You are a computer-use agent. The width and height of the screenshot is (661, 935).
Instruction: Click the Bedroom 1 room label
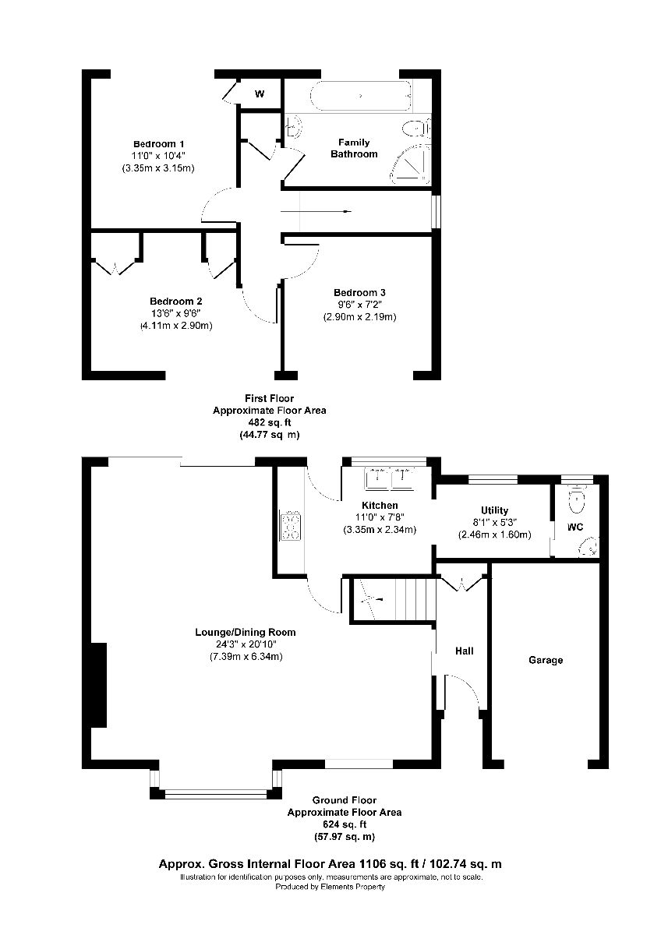click(x=158, y=144)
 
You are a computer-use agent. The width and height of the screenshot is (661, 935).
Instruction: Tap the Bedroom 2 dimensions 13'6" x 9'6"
click(x=176, y=314)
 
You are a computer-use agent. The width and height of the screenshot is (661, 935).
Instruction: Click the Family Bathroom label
click(x=358, y=148)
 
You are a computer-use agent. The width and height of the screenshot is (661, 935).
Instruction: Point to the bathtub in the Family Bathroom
click(x=359, y=97)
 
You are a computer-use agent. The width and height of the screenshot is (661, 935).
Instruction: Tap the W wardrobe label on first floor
click(x=260, y=94)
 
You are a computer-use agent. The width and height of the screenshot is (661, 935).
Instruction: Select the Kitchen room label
click(x=380, y=506)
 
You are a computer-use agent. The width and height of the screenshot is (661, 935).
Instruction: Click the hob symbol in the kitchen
click(x=291, y=526)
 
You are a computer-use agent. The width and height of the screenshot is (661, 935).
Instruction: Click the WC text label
click(x=575, y=527)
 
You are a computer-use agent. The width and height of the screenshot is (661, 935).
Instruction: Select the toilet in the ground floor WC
click(x=578, y=499)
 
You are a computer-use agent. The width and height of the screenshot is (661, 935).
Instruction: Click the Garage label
click(x=546, y=660)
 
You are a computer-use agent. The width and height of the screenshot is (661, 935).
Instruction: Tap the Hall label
click(x=465, y=651)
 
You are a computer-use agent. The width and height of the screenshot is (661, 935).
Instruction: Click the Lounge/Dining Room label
click(x=245, y=632)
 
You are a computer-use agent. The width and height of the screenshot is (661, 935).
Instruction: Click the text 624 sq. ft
click(x=344, y=824)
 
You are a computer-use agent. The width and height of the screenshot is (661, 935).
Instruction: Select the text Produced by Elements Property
click(x=331, y=887)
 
